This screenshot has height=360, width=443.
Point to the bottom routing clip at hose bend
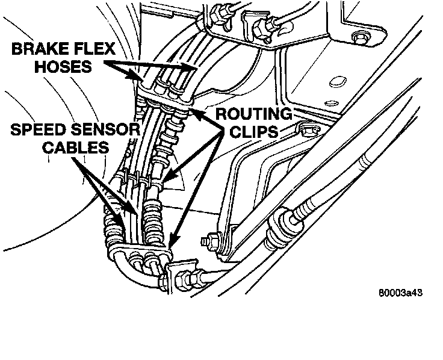point(144,250)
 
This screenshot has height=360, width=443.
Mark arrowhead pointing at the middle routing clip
point(169,178)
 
